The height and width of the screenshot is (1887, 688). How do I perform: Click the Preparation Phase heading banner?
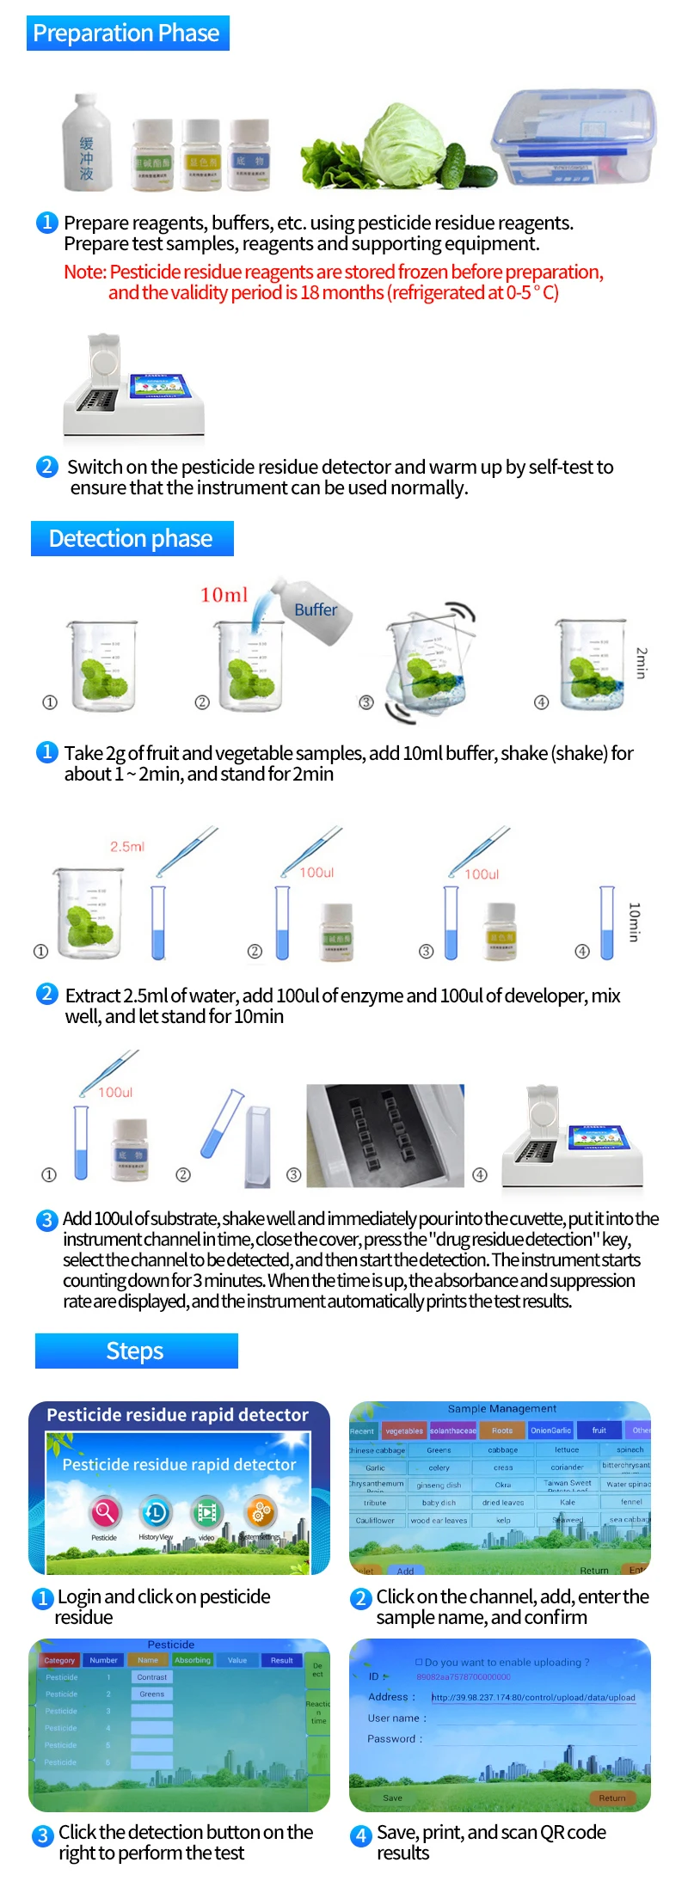[127, 34]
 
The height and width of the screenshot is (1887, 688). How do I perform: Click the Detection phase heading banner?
[132, 539]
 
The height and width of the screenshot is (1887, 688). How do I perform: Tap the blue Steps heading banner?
[136, 1351]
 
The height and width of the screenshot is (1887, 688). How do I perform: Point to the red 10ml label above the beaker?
[224, 595]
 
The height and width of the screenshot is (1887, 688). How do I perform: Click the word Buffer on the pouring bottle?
[316, 610]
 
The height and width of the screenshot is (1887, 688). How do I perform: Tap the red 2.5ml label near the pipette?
[127, 847]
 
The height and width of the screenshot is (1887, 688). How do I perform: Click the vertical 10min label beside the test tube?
[635, 922]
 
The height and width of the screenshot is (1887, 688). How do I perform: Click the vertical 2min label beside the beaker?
[641, 663]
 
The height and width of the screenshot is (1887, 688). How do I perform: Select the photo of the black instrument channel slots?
[385, 1136]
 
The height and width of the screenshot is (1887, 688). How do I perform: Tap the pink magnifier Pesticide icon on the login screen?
[105, 1512]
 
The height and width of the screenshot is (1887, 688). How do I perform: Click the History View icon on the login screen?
[156, 1512]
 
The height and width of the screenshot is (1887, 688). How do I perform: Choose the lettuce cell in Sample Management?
[567, 1449]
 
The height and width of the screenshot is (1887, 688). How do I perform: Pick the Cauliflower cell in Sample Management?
[375, 1520]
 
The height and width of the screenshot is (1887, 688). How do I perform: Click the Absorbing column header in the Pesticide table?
[193, 1660]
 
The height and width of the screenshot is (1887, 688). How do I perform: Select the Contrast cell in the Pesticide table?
[152, 1677]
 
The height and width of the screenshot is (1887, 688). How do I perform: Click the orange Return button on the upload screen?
[612, 1798]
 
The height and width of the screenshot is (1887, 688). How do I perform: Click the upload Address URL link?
[533, 1697]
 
